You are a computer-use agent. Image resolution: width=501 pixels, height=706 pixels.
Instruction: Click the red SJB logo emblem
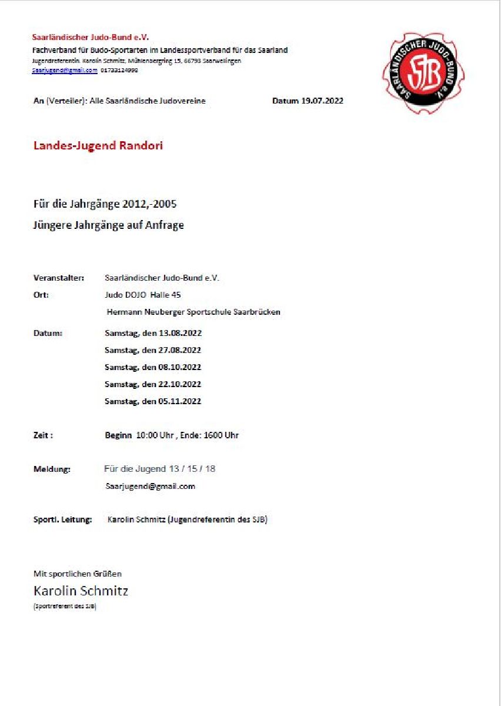point(423,73)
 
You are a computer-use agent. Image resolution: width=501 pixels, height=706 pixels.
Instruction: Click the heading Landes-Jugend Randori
point(98,146)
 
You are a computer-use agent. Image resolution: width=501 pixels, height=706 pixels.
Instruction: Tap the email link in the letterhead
point(65,70)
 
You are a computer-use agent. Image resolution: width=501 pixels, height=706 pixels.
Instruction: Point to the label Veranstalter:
point(59,278)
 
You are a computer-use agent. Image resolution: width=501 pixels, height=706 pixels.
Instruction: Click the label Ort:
point(41,295)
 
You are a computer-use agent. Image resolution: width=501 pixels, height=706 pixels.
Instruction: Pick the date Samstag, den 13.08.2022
point(153,333)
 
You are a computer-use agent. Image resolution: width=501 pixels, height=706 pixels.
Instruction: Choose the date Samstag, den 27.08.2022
point(153,350)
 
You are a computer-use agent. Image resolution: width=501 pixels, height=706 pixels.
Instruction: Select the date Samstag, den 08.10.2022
point(153,367)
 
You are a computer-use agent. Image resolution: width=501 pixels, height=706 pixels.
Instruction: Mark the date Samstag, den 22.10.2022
point(153,384)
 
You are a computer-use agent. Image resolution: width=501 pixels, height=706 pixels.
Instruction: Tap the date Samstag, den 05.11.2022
point(153,401)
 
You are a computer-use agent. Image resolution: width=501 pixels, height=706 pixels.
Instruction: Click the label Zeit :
point(44,435)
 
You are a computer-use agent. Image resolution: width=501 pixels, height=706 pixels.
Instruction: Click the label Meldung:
point(52,469)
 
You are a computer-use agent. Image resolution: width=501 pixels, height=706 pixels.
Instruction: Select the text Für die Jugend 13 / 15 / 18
point(159,469)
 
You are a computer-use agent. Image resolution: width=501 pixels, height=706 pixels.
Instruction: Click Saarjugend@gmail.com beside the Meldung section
point(150,487)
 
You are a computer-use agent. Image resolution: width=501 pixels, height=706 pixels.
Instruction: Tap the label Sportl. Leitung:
point(63,519)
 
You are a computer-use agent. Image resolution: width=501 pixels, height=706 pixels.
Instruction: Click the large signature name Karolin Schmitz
point(81,591)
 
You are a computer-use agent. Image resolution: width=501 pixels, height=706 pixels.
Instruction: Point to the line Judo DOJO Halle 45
point(142,295)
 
